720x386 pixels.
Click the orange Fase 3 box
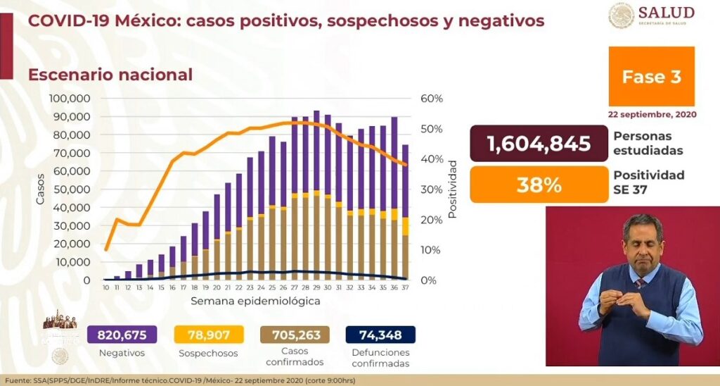coord(651,77)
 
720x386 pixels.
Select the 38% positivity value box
coord(539,185)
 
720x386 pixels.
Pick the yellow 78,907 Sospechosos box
coord(207,335)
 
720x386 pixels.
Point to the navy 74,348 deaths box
coord(380,335)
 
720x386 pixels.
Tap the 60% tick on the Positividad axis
coord(432,99)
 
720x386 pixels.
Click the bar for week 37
coord(406,211)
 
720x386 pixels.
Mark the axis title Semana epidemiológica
coord(255,301)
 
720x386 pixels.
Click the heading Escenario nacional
coord(110,75)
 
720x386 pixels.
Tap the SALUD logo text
coord(666,13)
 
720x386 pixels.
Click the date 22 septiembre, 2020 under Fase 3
coord(652,114)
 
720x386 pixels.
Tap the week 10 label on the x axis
coord(105,288)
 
